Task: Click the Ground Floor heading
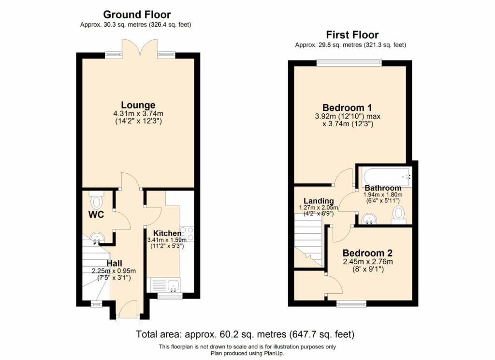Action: click(x=137, y=15)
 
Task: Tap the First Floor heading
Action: click(x=352, y=34)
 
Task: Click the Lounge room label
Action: click(x=138, y=105)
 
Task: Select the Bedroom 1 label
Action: click(x=347, y=107)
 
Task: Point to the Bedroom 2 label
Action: click(x=367, y=253)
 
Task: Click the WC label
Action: click(x=96, y=215)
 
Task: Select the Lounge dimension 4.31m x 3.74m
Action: click(x=138, y=114)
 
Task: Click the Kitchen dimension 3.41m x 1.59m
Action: click(x=167, y=240)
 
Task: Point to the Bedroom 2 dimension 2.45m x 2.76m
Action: click(x=368, y=262)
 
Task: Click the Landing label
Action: click(x=319, y=201)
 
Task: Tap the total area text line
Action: click(x=245, y=334)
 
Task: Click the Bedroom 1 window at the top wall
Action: click(x=349, y=62)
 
